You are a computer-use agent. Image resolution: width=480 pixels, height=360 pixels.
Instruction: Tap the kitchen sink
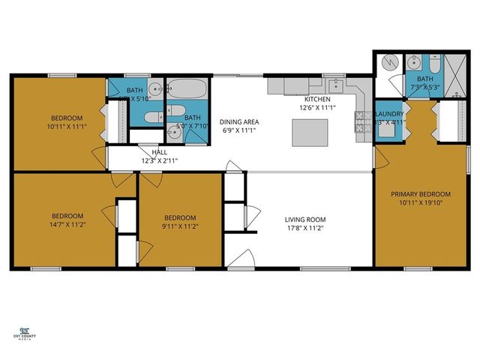click(x=337, y=84)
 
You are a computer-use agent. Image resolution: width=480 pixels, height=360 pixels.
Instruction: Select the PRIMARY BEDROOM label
click(x=420, y=193)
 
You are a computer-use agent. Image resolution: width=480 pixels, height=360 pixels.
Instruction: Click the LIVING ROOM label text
click(x=305, y=220)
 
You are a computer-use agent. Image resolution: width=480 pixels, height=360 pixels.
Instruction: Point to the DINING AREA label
click(x=239, y=121)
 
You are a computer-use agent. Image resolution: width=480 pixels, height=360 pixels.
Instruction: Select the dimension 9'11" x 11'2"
click(x=180, y=226)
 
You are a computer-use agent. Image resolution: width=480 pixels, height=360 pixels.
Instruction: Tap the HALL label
click(x=159, y=151)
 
